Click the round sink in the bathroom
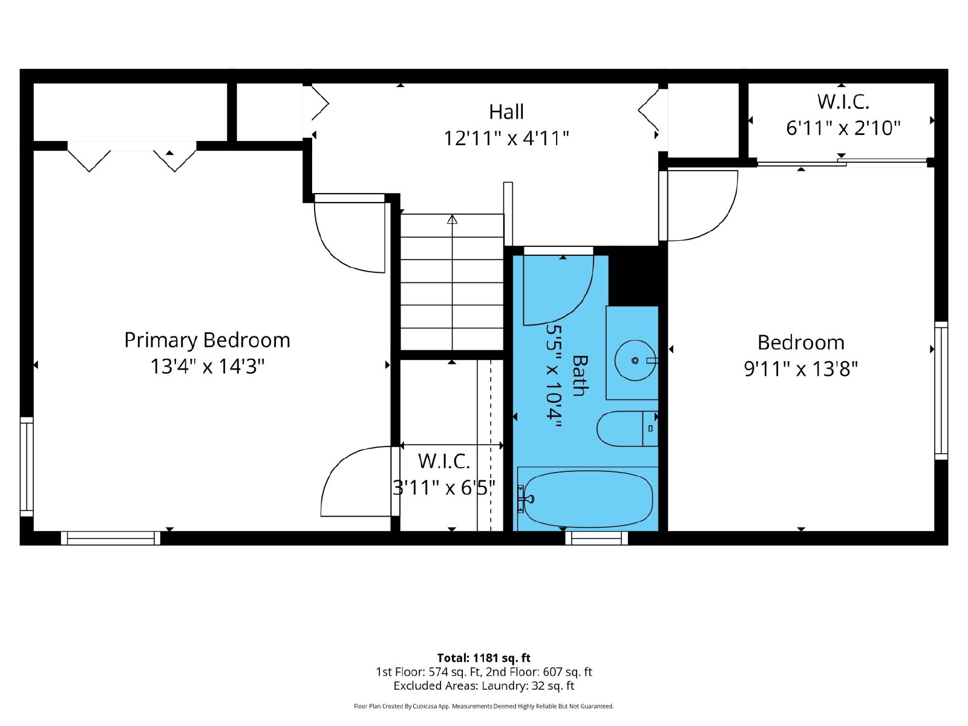634,360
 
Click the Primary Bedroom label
208,340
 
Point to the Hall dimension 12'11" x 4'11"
506,139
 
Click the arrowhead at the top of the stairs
452,219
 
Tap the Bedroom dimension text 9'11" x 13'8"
800,368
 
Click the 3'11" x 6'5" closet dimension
443,488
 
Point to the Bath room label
580,376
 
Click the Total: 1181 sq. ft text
484,658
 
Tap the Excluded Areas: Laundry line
484,686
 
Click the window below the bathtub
597,538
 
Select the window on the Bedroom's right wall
941,391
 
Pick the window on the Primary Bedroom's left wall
27,467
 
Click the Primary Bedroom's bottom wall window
110,538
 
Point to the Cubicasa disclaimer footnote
484,706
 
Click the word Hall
506,111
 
